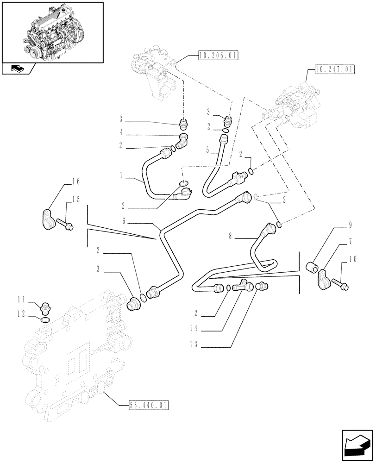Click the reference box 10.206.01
click(217, 56)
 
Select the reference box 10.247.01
click(333, 70)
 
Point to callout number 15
click(75, 199)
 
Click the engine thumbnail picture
click(52, 32)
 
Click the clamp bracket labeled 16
click(47, 217)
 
